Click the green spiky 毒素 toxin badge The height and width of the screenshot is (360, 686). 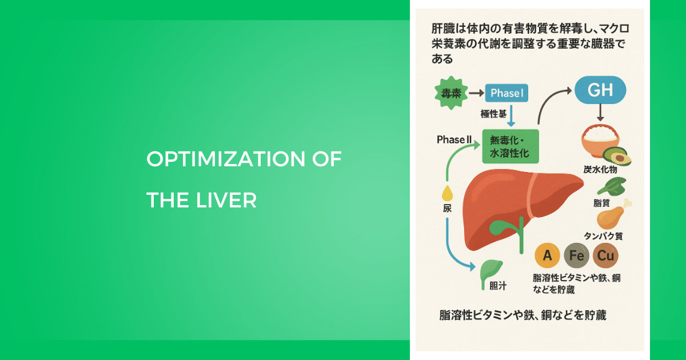coord(451,93)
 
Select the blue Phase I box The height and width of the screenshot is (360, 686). coord(506,93)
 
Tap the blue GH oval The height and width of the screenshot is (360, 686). coord(600,90)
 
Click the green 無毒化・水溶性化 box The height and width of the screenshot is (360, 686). coord(510,146)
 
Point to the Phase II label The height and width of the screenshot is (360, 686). coord(454,139)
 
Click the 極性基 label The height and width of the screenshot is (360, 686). coord(493,114)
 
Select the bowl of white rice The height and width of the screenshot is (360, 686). coord(600,140)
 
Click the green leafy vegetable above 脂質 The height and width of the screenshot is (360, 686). coord(612,186)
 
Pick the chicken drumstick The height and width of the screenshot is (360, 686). coord(612,215)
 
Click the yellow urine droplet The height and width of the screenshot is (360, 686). coord(448,193)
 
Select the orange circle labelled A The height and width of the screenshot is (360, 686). coord(547,255)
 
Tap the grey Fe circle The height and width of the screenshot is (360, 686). coord(576,255)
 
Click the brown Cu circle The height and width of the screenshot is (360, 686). coord(605,255)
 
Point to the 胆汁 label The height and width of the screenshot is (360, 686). coord(498,286)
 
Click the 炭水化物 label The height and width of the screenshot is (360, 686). coord(600,169)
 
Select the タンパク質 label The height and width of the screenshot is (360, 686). coord(603,236)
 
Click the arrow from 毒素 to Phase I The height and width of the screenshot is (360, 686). coord(477,93)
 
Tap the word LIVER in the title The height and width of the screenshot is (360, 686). coord(226,200)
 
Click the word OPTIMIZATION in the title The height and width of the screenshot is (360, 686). coord(226,159)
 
